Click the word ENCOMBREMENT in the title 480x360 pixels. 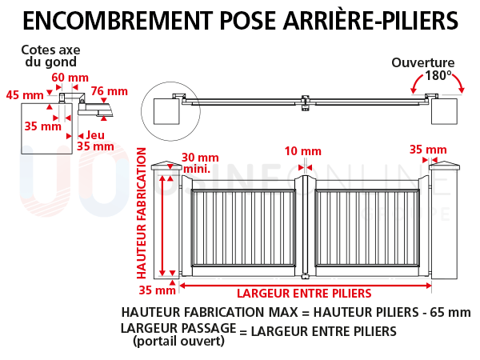click(x=118, y=21)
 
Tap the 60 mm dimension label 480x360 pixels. click(x=70, y=78)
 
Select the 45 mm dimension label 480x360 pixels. click(x=25, y=95)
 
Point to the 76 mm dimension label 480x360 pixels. click(x=110, y=91)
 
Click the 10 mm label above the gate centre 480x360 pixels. click(x=303, y=151)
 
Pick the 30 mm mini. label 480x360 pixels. click(x=200, y=163)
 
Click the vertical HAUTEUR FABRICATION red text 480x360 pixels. click(x=141, y=213)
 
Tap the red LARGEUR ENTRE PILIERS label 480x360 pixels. click(x=304, y=294)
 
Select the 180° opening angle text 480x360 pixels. click(x=438, y=75)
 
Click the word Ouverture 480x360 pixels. click(x=422, y=62)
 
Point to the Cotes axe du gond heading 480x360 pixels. click(x=51, y=56)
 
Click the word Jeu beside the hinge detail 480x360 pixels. click(x=95, y=134)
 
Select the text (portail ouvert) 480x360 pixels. click(x=178, y=341)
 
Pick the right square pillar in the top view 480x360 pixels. click(x=444, y=111)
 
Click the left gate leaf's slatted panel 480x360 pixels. click(x=243, y=227)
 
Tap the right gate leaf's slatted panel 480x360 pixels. click(x=367, y=227)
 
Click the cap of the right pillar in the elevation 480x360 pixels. click(x=444, y=166)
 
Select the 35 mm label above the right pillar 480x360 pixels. click(x=428, y=150)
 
